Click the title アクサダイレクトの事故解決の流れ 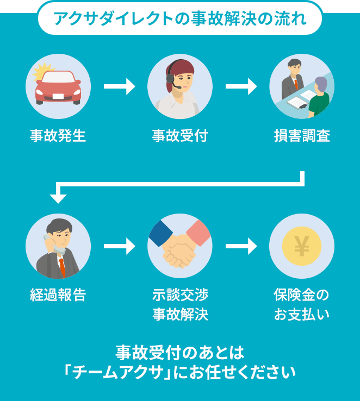tap(180, 18)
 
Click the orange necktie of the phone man tap(62, 267)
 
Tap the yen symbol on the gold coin tap(301, 247)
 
